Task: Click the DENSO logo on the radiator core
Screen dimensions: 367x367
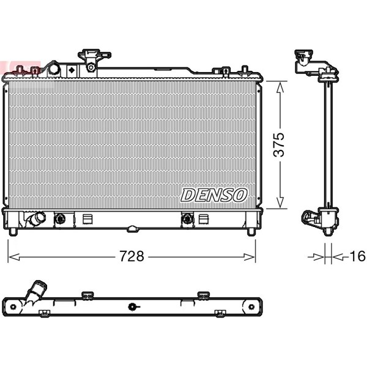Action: pyautogui.click(x=214, y=195)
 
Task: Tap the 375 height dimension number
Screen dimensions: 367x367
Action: pyautogui.click(x=279, y=144)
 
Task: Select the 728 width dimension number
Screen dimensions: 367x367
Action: pyautogui.click(x=132, y=256)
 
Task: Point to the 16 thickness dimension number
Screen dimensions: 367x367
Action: pyautogui.click(x=357, y=256)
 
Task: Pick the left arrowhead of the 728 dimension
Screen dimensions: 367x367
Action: pyautogui.click(x=14, y=257)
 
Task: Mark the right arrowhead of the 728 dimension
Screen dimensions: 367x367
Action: pyautogui.click(x=250, y=257)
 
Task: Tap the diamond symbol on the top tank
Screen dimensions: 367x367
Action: pyautogui.click(x=72, y=70)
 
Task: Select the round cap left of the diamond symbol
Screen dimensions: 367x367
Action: pyautogui.click(x=54, y=69)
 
